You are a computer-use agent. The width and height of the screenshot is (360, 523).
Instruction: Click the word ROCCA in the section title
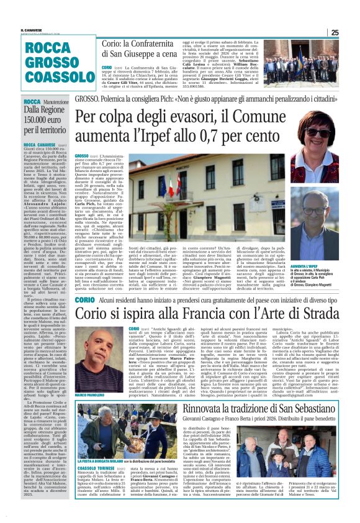pos(48,49)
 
